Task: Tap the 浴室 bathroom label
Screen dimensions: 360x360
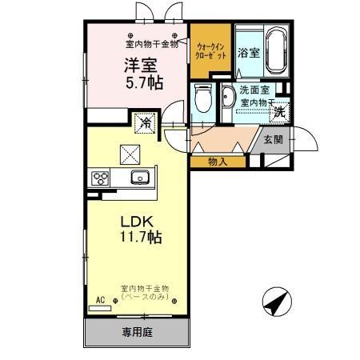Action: tap(248, 53)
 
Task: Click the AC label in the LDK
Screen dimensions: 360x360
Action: tap(101, 301)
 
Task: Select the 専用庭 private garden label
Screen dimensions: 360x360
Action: tap(138, 330)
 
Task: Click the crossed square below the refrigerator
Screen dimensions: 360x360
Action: tap(130, 153)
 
